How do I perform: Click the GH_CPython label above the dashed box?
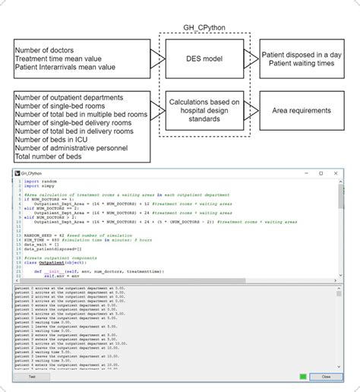pos(204,27)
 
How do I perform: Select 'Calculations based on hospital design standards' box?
pos(204,110)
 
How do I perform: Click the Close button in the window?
pos(326,376)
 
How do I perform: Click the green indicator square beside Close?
pos(303,376)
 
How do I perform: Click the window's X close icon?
pos(337,173)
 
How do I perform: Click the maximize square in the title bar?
pos(321,173)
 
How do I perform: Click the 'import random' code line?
pos(41,182)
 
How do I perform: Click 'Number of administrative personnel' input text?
pos(72,149)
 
